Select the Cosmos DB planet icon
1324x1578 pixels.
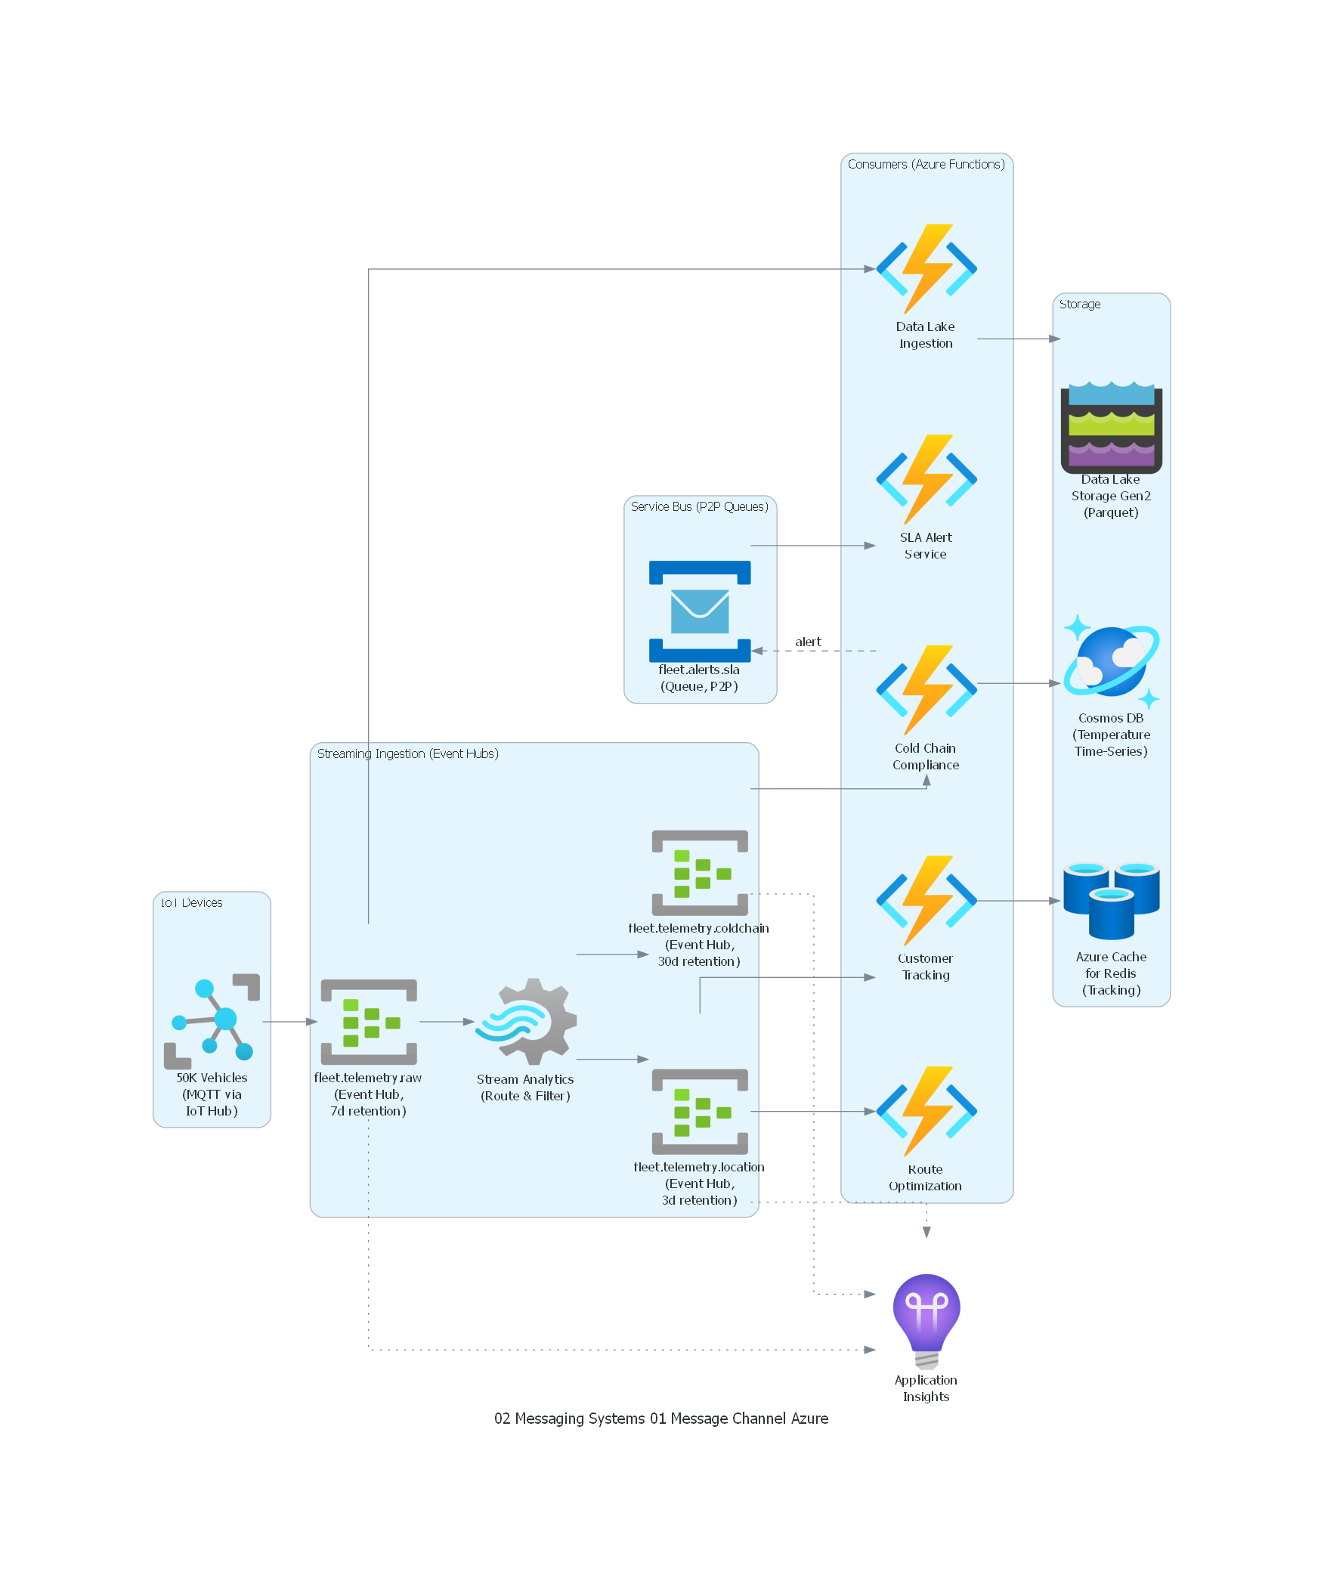1111,661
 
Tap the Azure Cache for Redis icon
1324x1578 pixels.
1111,900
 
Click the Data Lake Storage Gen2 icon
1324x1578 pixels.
1111,427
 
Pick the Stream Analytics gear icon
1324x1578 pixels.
526,1021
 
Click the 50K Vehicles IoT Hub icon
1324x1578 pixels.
212,1021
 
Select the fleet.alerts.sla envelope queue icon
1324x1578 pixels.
700,611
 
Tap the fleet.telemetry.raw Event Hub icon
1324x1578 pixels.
369,1021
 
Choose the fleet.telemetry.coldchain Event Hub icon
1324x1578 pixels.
700,872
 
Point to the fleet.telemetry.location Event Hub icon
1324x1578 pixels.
700,1111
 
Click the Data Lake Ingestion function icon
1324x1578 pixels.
926,268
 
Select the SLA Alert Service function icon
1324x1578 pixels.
926,479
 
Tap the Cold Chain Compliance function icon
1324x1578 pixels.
926,690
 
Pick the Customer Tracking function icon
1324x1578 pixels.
926,900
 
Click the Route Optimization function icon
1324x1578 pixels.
926,1111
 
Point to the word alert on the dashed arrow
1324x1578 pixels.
808,642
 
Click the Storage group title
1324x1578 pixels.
1079,304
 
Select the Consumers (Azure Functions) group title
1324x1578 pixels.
926,164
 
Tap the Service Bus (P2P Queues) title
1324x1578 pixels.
699,506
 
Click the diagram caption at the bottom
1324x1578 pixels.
661,1419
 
